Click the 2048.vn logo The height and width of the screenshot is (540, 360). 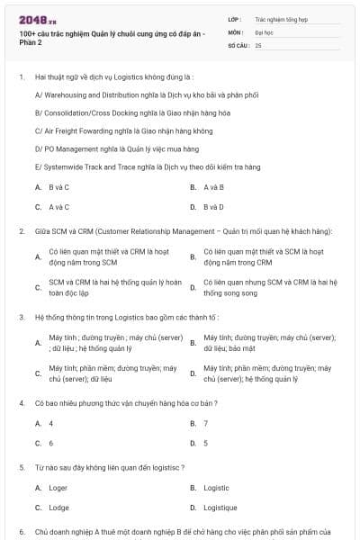click(37, 19)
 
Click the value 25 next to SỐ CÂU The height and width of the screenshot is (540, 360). click(259, 44)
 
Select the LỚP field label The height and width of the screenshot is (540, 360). click(234, 18)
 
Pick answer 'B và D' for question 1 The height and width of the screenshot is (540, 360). click(213, 207)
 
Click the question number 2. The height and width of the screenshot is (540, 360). click(21, 231)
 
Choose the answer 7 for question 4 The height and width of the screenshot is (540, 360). click(206, 423)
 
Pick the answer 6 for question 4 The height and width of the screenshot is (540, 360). click(50, 443)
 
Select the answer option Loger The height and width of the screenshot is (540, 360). click(58, 488)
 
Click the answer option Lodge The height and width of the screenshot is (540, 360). click(58, 508)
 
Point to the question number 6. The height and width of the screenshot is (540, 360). click(21, 532)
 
